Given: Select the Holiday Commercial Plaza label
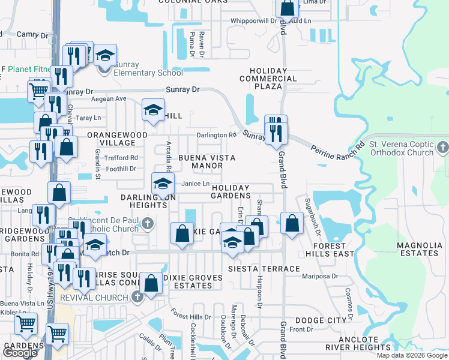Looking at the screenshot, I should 268,78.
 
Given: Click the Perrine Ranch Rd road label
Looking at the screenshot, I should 337,154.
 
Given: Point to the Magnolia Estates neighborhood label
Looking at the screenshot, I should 418,249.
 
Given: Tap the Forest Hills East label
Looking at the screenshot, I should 329,250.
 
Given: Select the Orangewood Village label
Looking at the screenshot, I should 111,139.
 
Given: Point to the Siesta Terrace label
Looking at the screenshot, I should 264,269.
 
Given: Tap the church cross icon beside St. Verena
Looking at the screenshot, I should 443,147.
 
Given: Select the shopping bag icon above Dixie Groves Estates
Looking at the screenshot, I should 152,282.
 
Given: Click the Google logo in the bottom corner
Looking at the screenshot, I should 20,353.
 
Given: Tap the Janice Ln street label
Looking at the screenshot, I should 196,184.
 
